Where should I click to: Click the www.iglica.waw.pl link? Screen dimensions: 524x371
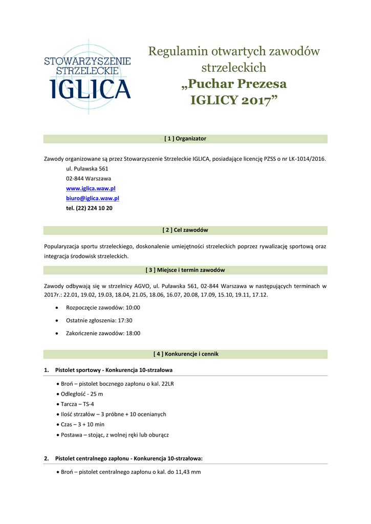(91, 188)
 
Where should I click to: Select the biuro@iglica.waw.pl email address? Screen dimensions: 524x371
(93, 198)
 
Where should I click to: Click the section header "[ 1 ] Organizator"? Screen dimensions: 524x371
(185, 139)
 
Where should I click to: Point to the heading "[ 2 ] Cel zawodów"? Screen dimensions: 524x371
(185, 230)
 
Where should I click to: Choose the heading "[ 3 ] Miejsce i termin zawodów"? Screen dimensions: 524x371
(185, 270)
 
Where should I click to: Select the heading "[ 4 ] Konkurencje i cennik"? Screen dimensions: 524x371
(185, 354)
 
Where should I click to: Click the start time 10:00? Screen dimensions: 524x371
(133, 308)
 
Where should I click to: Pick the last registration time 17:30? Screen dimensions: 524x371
(125, 320)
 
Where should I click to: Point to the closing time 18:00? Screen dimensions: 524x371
(133, 333)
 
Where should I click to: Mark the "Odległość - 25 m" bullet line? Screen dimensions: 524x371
(81, 394)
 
